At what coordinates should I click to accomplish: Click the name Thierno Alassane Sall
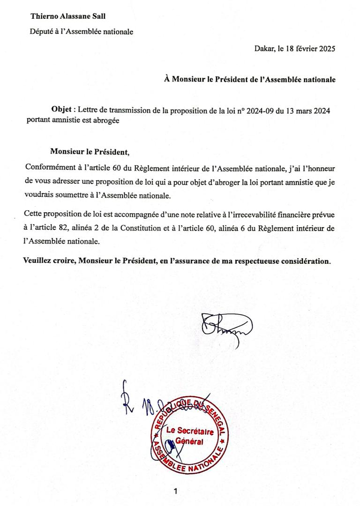68,16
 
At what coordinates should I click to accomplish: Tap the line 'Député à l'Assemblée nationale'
82,32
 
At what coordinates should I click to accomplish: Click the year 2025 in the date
325,48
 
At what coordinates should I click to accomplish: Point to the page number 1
175,491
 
